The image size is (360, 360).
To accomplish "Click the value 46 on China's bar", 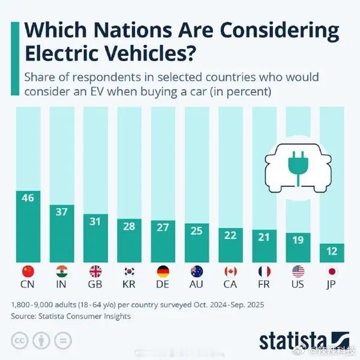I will [x=28, y=197].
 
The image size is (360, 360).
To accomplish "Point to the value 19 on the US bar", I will [x=298, y=239].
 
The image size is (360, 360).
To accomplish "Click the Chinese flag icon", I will [x=28, y=271].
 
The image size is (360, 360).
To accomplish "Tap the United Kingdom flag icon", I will [x=95, y=271].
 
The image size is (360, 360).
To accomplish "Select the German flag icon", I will [x=163, y=271].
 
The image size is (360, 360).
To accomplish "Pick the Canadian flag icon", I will [x=230, y=271].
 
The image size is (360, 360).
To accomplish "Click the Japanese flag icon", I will [x=332, y=271].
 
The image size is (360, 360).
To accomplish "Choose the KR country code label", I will [x=129, y=284].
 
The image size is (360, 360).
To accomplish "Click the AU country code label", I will [x=197, y=284].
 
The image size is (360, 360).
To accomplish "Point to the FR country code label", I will [x=265, y=284].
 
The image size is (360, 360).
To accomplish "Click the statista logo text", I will [x=293, y=340].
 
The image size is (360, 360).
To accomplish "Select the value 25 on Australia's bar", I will [x=197, y=230].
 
